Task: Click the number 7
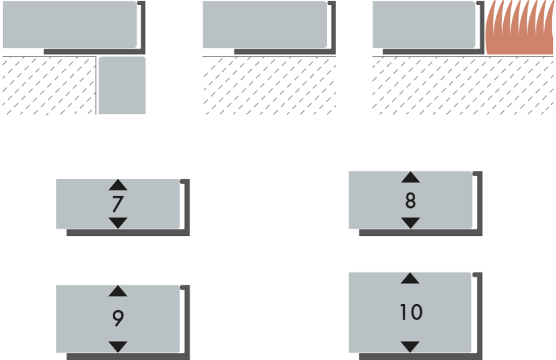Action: [118, 204]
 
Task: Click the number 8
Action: [410, 201]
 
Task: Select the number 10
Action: [410, 312]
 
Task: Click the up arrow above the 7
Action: [118, 185]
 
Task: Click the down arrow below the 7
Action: [118, 222]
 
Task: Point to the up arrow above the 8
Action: [410, 178]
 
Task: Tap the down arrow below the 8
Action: [410, 222]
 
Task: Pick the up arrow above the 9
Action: [118, 291]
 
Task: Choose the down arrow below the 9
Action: [118, 346]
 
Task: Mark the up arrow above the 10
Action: [410, 278]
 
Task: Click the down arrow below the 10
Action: [410, 346]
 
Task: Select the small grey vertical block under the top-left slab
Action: [122, 85]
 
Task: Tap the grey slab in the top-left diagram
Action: [69, 24]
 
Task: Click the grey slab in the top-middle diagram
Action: [265, 24]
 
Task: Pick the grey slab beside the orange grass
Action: [423, 24]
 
